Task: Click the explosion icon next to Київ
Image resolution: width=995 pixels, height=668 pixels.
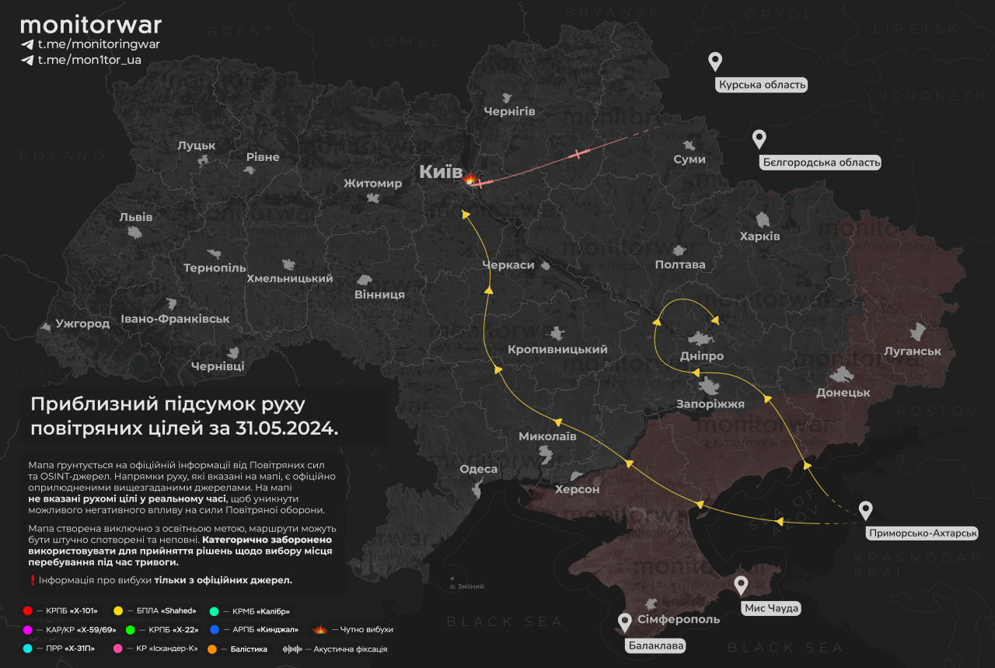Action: pyautogui.click(x=470, y=180)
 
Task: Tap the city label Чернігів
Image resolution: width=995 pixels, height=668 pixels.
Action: pyautogui.click(x=509, y=111)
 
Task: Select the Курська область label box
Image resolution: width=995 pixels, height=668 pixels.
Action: pyautogui.click(x=762, y=85)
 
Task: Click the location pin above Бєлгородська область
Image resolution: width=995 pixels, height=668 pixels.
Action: pyautogui.click(x=759, y=139)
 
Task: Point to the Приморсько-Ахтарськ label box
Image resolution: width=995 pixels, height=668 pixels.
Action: pyautogui.click(x=920, y=533)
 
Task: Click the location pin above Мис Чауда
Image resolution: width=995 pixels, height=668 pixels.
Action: pyautogui.click(x=741, y=586)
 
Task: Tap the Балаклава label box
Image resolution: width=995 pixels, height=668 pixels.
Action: pyautogui.click(x=657, y=645)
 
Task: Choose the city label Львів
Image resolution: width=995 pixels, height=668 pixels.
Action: pyautogui.click(x=136, y=217)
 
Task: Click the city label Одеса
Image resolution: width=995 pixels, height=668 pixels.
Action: pyautogui.click(x=478, y=469)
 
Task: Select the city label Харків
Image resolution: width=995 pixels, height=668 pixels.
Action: pyautogui.click(x=759, y=236)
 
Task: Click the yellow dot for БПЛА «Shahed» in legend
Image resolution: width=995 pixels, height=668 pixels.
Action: pyautogui.click(x=118, y=611)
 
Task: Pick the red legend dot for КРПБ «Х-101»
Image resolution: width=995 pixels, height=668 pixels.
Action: pyautogui.click(x=28, y=611)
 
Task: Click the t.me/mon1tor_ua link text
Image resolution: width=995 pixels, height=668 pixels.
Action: pyautogui.click(x=89, y=60)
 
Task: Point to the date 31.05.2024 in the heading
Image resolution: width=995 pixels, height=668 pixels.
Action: pyautogui.click(x=292, y=428)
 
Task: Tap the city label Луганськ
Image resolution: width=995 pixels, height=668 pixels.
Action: pyautogui.click(x=912, y=351)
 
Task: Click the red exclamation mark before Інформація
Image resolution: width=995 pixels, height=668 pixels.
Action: pyautogui.click(x=32, y=580)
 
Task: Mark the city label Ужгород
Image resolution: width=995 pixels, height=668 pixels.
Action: pyautogui.click(x=82, y=323)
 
